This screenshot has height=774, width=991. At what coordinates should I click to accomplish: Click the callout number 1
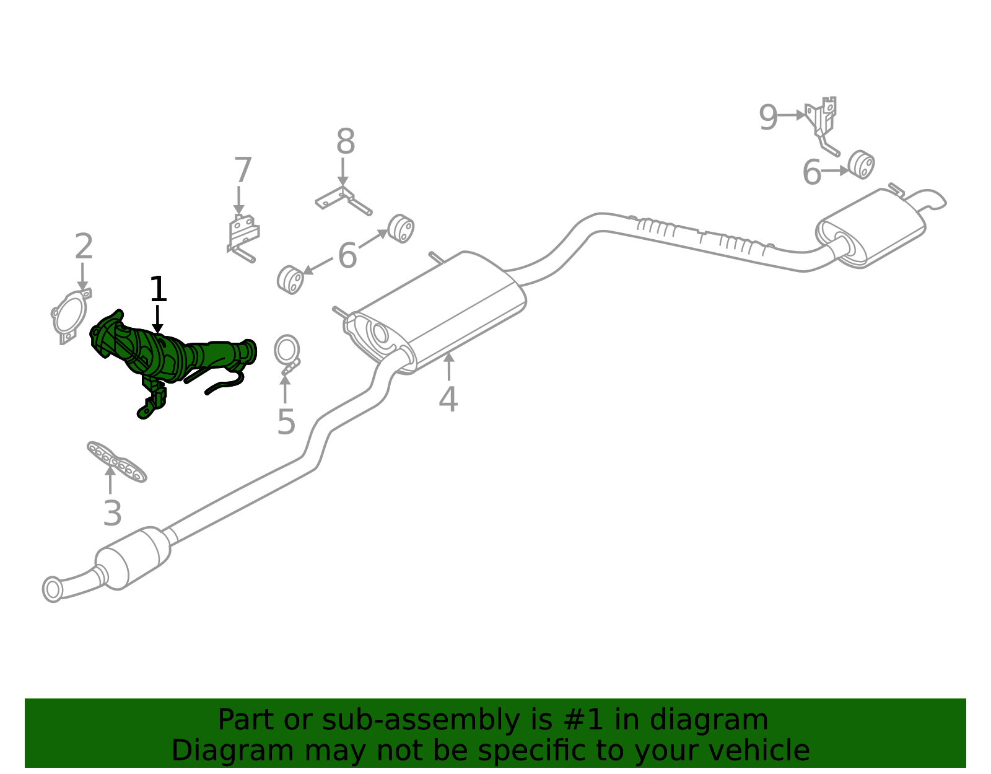click(158, 289)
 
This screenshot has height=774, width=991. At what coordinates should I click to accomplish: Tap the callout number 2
click(84, 246)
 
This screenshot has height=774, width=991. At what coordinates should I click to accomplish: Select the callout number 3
click(112, 513)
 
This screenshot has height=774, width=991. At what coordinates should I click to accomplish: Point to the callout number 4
click(448, 400)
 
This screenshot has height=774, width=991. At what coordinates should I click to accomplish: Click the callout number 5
click(286, 422)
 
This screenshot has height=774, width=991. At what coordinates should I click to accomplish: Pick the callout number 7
click(243, 170)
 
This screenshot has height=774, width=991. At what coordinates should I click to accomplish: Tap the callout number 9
click(768, 117)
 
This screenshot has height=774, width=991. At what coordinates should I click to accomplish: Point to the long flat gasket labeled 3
click(116, 462)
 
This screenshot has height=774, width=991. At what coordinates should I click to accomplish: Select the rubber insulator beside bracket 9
click(860, 165)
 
